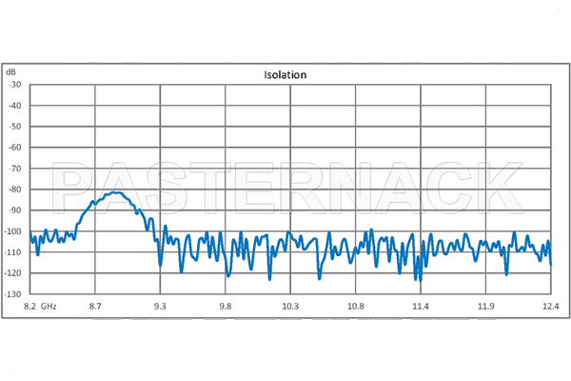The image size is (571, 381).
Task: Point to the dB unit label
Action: pos(10,72)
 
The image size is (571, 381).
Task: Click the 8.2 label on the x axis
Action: pos(30,306)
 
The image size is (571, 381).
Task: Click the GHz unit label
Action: pos(49,306)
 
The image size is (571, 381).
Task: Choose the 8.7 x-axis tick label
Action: pos(94,306)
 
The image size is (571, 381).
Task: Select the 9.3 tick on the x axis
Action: pos(160,306)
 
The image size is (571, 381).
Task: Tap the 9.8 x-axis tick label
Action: pos(225,306)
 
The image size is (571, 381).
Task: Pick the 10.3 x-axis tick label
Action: pos(290,306)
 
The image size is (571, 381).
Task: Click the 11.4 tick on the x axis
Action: pos(421,306)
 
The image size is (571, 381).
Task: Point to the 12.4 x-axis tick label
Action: pos(550,306)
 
